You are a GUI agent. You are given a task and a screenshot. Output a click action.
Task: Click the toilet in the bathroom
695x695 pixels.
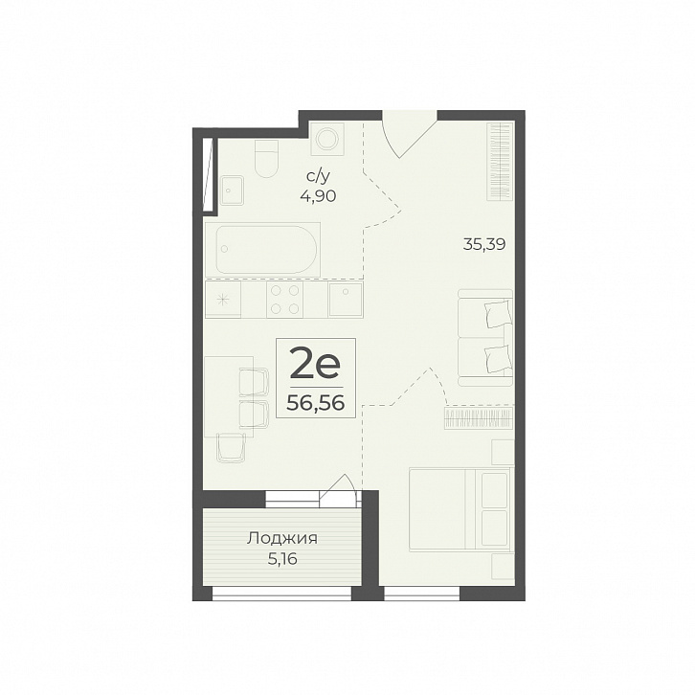point(267,159)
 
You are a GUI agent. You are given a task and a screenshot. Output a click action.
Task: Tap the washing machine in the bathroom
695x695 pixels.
point(328,138)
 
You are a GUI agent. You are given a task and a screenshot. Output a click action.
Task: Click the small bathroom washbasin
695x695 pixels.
point(233,190)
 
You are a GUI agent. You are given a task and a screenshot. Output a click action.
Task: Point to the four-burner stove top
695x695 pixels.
point(284,300)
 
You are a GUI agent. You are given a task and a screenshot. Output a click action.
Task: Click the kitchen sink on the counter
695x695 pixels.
point(346,300)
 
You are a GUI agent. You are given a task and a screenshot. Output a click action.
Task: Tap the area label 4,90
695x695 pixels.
point(318,195)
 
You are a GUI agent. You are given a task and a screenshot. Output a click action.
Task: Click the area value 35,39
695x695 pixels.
point(484,244)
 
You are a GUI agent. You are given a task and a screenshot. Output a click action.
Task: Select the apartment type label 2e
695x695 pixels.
point(315,363)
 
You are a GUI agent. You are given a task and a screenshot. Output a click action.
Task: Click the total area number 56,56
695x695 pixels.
point(316,403)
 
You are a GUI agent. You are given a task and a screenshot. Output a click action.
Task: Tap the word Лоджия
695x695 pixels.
point(282,539)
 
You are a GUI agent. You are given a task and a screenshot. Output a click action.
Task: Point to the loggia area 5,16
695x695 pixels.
point(281,559)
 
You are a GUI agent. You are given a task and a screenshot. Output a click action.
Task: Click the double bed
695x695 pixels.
point(460,509)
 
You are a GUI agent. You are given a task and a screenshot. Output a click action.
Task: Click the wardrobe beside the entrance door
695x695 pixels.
point(500,162)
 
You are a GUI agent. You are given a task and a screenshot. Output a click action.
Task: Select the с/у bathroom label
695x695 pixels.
point(318,177)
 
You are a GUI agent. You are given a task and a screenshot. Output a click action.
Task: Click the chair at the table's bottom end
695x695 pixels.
point(232,448)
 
